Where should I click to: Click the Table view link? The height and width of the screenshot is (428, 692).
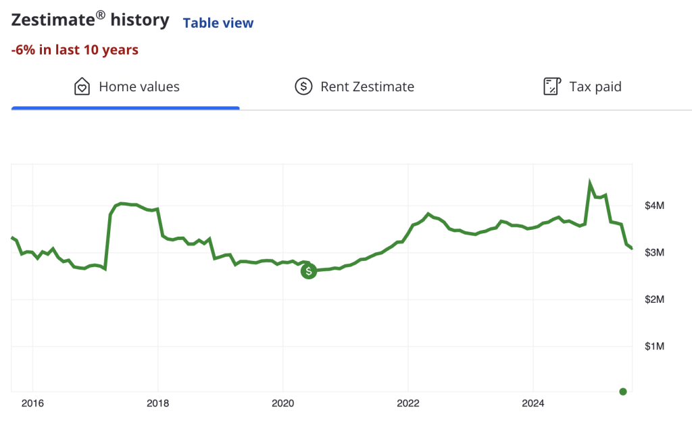pos(218,23)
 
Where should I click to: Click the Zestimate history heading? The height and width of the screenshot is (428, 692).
pos(90,20)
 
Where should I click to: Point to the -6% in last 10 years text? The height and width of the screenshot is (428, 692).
pos(75,50)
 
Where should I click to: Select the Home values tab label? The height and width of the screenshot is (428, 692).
pos(139,87)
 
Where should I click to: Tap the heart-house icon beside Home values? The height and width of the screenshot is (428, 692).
pos(82,87)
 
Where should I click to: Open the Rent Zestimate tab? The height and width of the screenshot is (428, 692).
pos(367,87)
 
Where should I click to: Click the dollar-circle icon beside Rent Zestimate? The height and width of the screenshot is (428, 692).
pos(303,87)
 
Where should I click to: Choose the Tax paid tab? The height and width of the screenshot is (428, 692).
pos(595,87)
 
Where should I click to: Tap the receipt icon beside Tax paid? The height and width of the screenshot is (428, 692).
pos(552,87)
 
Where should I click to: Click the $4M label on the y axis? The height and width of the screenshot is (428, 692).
pos(654,206)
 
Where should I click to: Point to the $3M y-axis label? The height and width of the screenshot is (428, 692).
pos(654,252)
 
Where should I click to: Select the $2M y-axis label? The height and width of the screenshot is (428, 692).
pos(654,300)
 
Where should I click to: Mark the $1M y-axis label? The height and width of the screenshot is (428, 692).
pos(654,346)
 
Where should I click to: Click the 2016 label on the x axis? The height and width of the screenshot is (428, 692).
pos(32,404)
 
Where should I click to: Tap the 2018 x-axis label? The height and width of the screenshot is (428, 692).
pos(157,404)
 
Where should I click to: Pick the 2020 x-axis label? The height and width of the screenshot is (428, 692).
pos(283,404)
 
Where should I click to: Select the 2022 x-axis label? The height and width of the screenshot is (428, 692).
pos(408,404)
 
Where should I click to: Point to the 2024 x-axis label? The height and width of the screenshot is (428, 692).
pos(533,404)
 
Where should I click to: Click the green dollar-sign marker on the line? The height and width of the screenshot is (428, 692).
pos(309,271)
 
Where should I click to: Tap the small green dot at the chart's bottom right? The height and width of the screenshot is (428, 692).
pos(623,391)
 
